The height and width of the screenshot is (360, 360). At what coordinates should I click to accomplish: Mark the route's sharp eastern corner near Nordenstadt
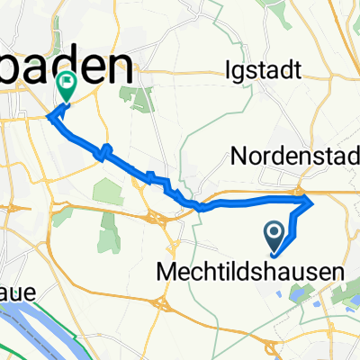click(312, 202)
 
